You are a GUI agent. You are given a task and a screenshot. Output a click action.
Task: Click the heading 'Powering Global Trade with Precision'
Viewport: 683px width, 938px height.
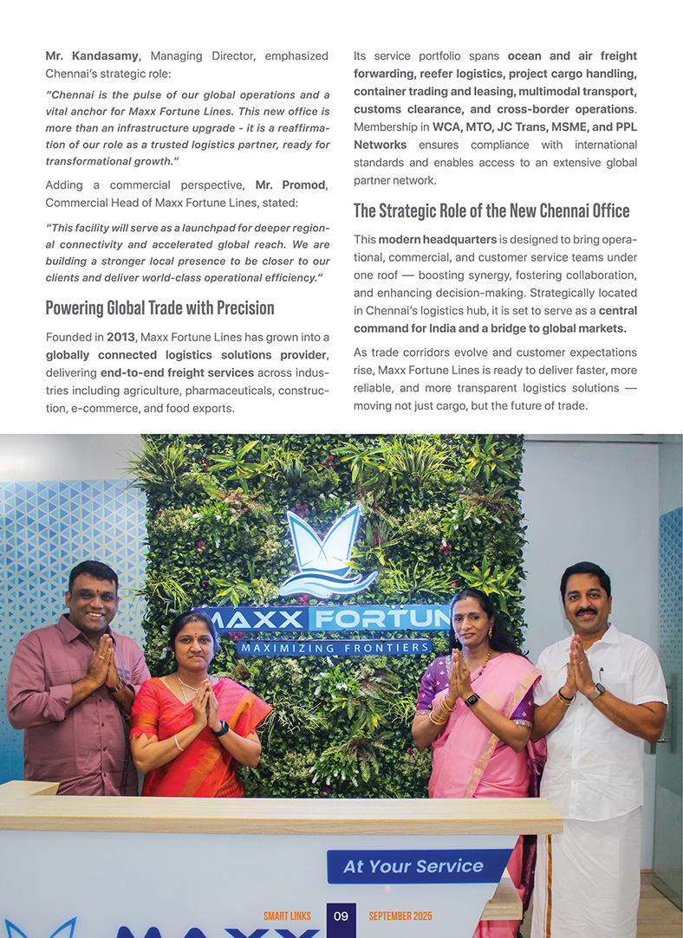tap(159, 308)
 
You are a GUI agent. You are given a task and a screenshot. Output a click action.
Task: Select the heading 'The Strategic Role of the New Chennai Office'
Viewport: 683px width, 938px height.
tap(491, 210)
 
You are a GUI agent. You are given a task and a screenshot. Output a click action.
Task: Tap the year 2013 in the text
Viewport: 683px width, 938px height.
tap(120, 337)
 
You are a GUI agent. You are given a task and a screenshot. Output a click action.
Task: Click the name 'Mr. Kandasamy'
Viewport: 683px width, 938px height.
tap(91, 56)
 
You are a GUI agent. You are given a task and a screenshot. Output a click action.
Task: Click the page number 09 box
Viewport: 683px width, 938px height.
tap(341, 916)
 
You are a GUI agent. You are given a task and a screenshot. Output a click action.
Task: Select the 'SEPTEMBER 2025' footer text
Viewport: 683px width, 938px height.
tap(400, 916)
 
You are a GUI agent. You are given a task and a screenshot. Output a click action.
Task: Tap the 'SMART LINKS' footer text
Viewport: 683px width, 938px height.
tap(287, 916)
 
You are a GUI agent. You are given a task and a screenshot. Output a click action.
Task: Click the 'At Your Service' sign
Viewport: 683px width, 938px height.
tap(413, 866)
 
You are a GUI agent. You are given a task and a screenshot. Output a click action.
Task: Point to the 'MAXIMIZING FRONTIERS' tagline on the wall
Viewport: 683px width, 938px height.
tap(336, 647)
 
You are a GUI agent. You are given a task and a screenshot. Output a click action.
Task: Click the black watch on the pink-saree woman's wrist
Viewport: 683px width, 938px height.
tap(472, 700)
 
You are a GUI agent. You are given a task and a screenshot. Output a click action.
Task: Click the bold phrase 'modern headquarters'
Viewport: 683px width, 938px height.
tap(438, 239)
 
